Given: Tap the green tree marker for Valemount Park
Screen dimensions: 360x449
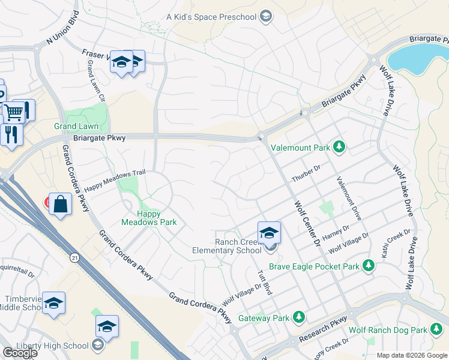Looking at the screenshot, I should tap(339, 146).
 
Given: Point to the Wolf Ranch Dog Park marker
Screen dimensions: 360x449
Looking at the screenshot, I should tap(436, 329).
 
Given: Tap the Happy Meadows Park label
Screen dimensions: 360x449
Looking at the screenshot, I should tap(149, 218).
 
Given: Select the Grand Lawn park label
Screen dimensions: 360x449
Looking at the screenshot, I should tap(76, 126).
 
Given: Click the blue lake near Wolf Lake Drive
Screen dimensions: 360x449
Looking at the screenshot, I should tap(415, 58).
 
